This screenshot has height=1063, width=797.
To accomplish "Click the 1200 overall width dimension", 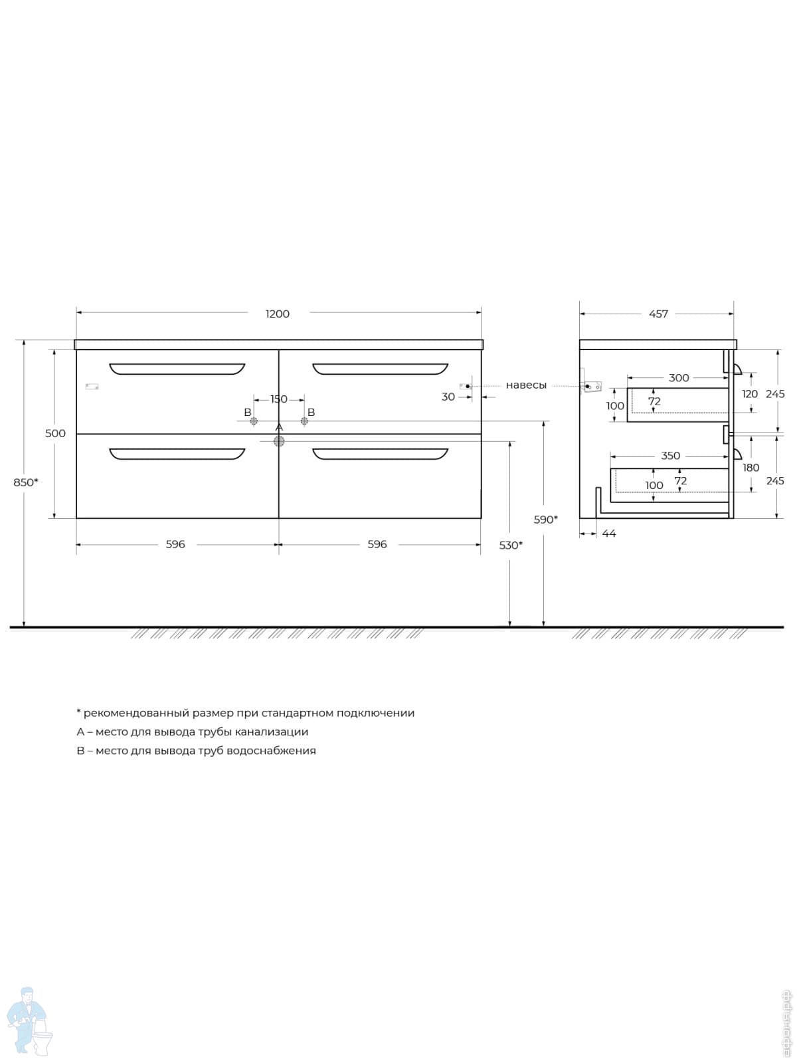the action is (x=277, y=314).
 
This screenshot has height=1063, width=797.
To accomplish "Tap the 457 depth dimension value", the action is (x=658, y=314).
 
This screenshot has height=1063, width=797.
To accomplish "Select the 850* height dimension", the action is (x=26, y=482).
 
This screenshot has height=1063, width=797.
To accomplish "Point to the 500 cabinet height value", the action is (x=55, y=433).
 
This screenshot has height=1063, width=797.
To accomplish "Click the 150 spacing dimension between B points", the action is (x=279, y=399).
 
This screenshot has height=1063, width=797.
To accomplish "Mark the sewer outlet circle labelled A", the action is (x=279, y=441).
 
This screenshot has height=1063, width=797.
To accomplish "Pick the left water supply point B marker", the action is (x=254, y=421).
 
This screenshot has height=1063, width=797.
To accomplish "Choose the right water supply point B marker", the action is (x=304, y=421).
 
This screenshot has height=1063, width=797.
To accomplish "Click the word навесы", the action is (x=526, y=385).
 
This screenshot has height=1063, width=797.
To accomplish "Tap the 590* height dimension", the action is (x=545, y=520).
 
